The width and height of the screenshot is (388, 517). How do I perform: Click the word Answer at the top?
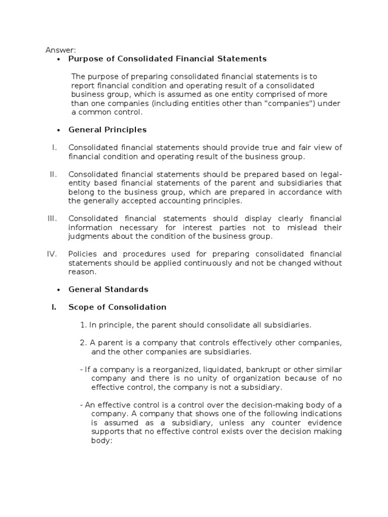(60, 49)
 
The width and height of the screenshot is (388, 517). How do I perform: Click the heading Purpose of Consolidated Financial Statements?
(167, 59)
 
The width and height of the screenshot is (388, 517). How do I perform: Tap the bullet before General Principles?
(59, 130)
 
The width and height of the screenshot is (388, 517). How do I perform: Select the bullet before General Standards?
(59, 289)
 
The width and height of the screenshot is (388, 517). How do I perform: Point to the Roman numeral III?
(53, 219)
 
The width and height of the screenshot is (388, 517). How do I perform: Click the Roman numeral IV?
(52, 254)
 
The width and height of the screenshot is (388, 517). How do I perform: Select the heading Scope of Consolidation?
(117, 307)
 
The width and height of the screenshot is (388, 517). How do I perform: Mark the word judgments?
(87, 236)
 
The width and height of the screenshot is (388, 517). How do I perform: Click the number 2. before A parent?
(83, 343)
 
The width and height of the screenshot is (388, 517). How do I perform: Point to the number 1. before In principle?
(83, 325)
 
